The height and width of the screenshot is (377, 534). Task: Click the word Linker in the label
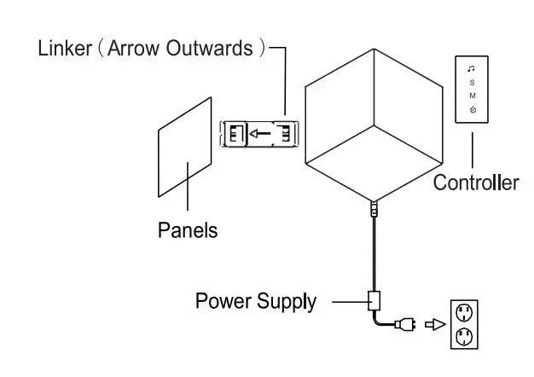pos(65,48)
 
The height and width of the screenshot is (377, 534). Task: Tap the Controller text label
pos(475,182)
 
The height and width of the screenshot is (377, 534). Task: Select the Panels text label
pos(188,230)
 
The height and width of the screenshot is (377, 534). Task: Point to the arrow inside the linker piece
pos(260,133)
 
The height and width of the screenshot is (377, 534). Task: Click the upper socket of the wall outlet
pos(465,311)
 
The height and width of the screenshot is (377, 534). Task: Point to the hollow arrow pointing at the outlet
pos(435,324)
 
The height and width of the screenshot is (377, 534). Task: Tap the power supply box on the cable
pos(373,300)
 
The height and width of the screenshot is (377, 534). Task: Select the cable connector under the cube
pos(373,207)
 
